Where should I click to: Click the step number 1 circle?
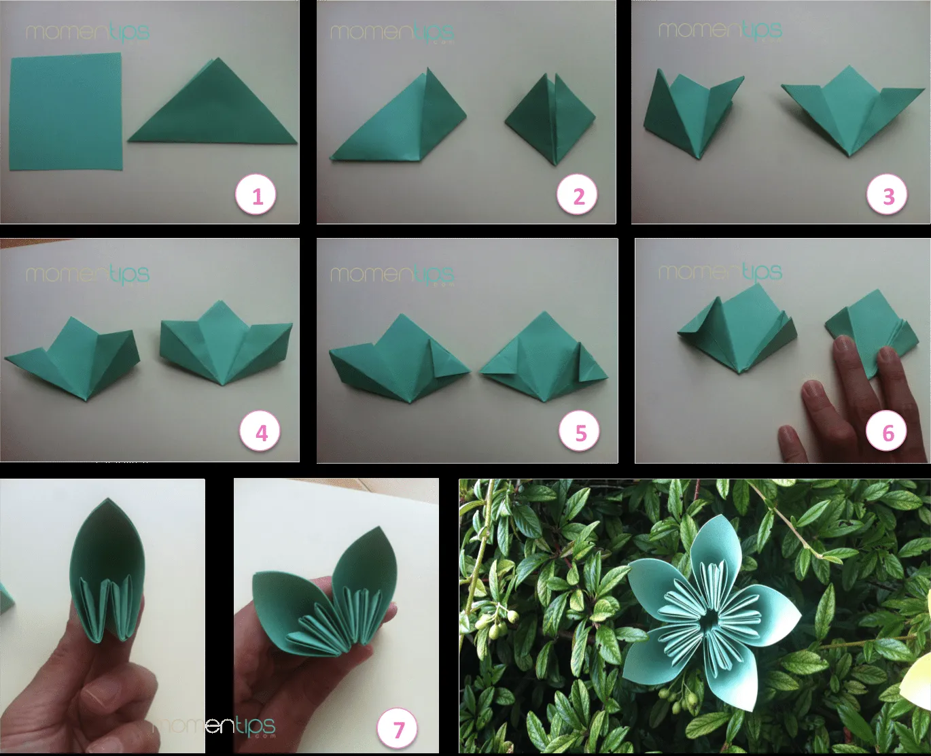pyautogui.click(x=257, y=196)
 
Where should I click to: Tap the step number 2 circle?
pyautogui.click(x=578, y=196)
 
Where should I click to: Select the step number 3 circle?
pyautogui.click(x=888, y=196)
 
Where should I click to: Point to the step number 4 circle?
pyautogui.click(x=261, y=433)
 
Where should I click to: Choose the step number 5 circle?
pyautogui.click(x=580, y=433)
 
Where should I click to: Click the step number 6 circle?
pyautogui.click(x=888, y=433)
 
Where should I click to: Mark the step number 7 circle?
pyautogui.click(x=398, y=730)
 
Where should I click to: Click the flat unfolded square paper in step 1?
pyautogui.click(x=66, y=112)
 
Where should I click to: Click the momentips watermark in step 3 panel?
pyautogui.click(x=720, y=30)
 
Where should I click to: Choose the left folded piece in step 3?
pyautogui.click(x=686, y=116)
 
